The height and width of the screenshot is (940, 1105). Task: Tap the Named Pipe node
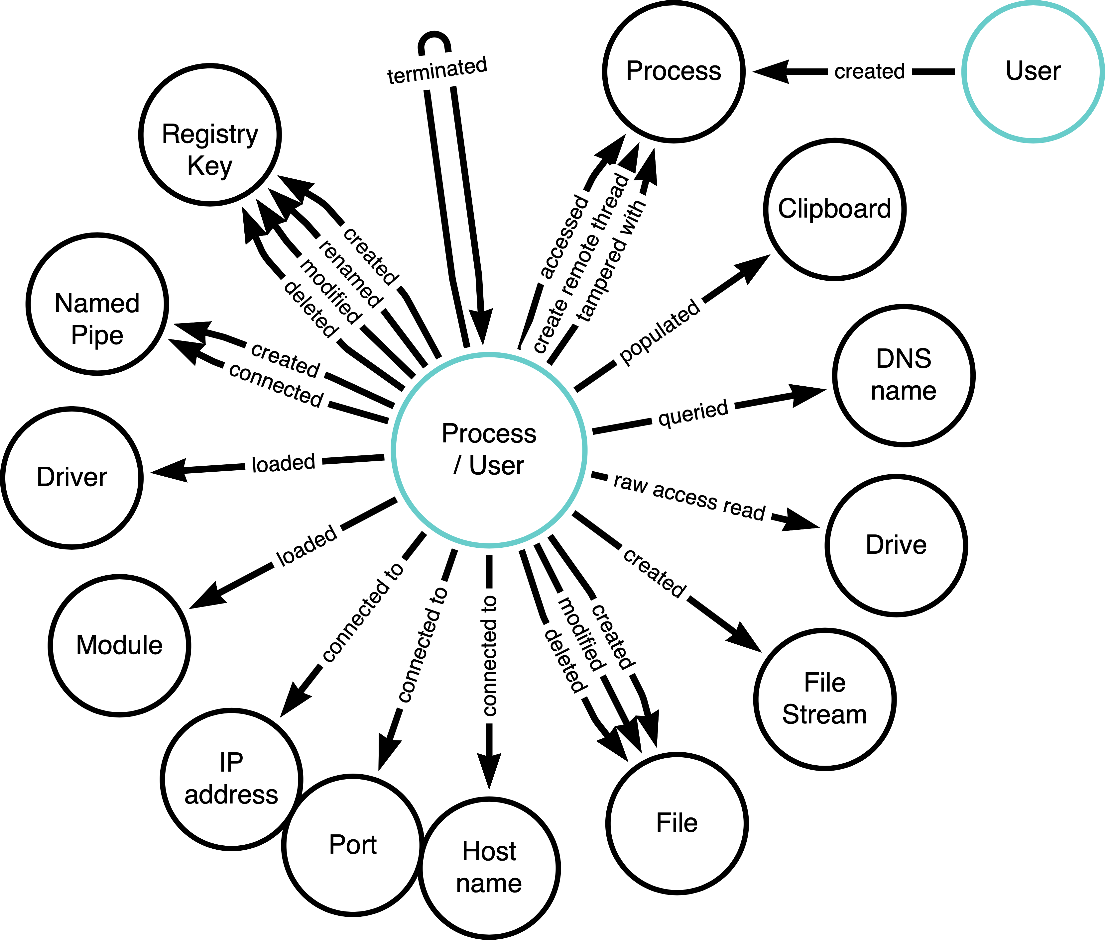(97, 304)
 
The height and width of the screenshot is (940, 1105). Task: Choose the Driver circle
(72, 477)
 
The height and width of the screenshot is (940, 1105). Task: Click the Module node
(119, 645)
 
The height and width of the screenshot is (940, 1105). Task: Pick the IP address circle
(231, 779)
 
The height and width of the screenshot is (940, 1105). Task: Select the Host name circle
(489, 868)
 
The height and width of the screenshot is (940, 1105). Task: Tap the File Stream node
(824, 699)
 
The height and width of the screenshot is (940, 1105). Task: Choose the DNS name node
(904, 375)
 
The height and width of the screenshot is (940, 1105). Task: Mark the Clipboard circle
(835, 209)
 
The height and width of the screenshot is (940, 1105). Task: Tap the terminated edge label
(437, 71)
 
